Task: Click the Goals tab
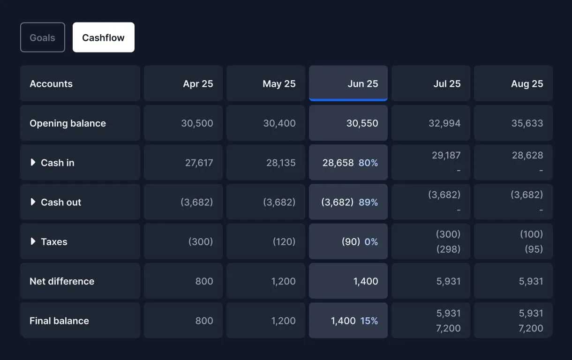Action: click(42, 37)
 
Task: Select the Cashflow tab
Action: click(103, 37)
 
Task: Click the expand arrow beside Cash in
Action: click(33, 162)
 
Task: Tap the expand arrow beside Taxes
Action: click(33, 241)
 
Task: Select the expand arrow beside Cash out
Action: click(33, 202)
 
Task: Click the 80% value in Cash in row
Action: click(368, 163)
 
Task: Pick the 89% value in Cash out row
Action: click(368, 202)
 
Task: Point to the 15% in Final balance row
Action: click(369, 321)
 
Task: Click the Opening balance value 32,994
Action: click(444, 123)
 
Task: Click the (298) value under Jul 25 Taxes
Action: click(448, 249)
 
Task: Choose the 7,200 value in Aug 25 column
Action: click(531, 328)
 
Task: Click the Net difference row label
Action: click(62, 281)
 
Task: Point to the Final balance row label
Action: click(59, 321)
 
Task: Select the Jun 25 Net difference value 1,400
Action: click(365, 281)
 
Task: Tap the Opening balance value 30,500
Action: click(197, 123)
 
